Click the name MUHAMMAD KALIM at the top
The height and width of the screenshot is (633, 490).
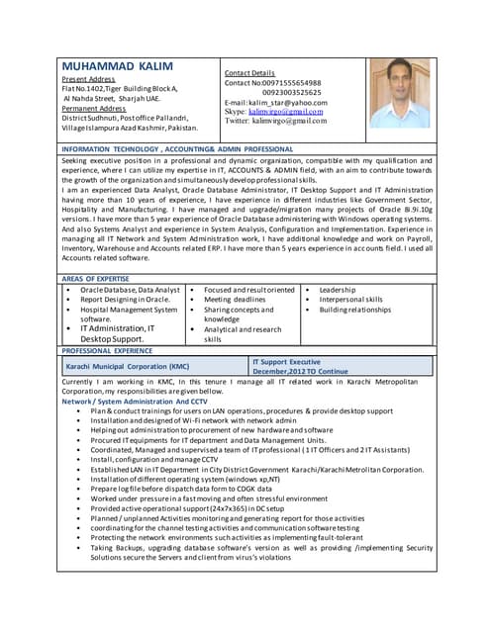pyautogui.click(x=117, y=66)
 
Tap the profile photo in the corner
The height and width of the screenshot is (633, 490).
pyautogui.click(x=399, y=92)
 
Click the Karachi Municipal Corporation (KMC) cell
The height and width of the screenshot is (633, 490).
pyautogui.click(x=126, y=366)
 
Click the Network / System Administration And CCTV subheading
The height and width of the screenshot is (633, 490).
pyautogui.click(x=135, y=401)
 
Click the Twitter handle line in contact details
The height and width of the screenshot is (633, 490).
pyautogui.click(x=275, y=121)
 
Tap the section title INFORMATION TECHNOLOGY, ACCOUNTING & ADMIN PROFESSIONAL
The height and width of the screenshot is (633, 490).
pyautogui.click(x=177, y=148)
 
